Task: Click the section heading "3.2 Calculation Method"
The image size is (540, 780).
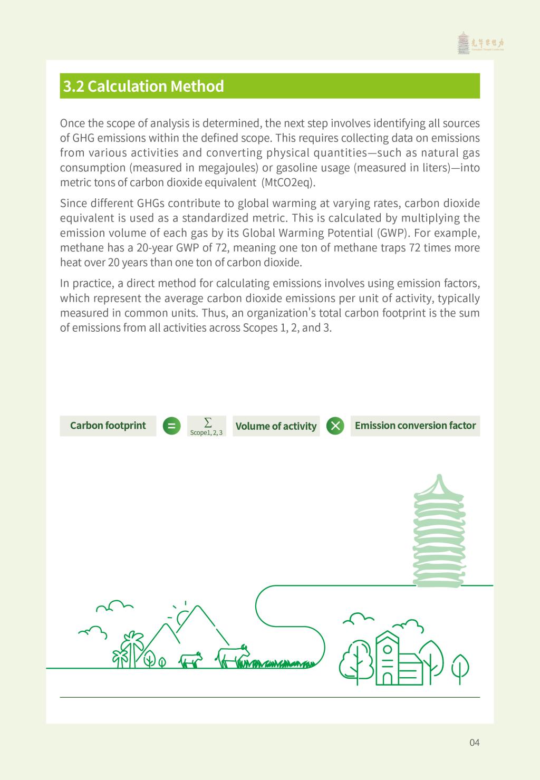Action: click(143, 86)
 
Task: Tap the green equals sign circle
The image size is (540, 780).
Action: click(171, 426)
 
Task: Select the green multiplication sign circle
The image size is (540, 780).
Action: click(335, 426)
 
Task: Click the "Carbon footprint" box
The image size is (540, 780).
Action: click(108, 426)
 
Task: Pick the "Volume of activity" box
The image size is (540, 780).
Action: click(276, 426)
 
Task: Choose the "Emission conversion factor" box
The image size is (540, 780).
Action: click(415, 426)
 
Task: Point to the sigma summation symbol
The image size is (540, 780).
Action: click(208, 422)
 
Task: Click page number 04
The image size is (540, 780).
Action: click(474, 743)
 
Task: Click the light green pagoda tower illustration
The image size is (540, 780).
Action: click(439, 533)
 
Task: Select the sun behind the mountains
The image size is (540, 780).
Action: click(184, 616)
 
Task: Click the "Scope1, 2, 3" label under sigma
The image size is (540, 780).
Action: click(206, 432)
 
